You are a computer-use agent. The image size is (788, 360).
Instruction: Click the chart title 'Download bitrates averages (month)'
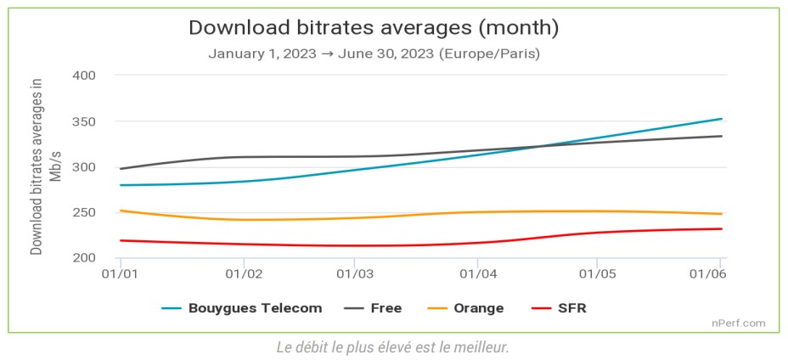pyautogui.click(x=374, y=27)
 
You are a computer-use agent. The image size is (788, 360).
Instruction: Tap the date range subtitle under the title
pyautogui.click(x=374, y=53)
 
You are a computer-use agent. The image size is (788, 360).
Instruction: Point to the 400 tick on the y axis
pyautogui.click(x=82, y=76)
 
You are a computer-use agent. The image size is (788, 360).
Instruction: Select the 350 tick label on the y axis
pyautogui.click(x=82, y=121)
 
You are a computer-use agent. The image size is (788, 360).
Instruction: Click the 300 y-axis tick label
pyautogui.click(x=82, y=167)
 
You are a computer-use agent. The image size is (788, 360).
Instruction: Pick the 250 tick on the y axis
pyautogui.click(x=82, y=212)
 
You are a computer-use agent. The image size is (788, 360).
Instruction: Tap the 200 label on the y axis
pyautogui.click(x=82, y=258)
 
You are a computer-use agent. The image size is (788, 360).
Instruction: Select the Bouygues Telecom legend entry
pyautogui.click(x=242, y=308)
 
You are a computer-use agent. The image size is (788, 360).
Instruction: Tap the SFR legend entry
pyautogui.click(x=558, y=308)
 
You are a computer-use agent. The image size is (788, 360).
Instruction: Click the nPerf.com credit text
pyautogui.click(x=739, y=323)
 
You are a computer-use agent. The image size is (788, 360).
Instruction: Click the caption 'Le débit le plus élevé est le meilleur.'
pyautogui.click(x=392, y=348)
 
